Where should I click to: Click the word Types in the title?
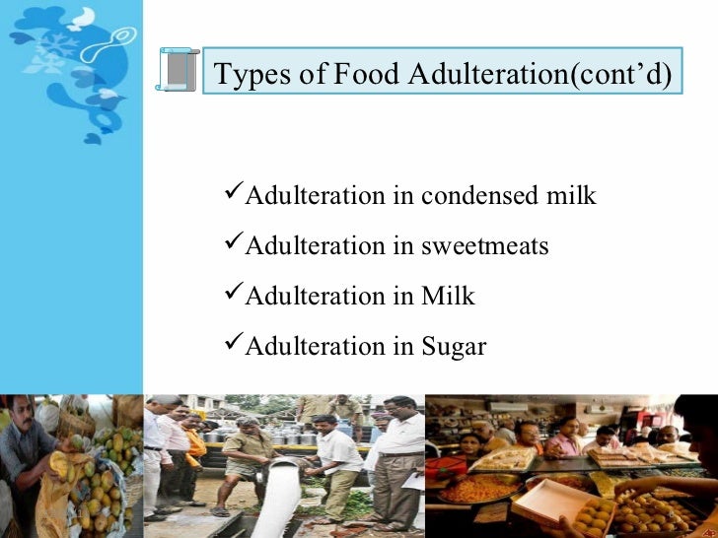point(246,75)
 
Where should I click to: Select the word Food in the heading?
point(341,75)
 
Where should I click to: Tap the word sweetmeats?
point(484,246)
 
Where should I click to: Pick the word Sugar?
point(454,348)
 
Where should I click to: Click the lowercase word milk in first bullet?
point(570,196)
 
